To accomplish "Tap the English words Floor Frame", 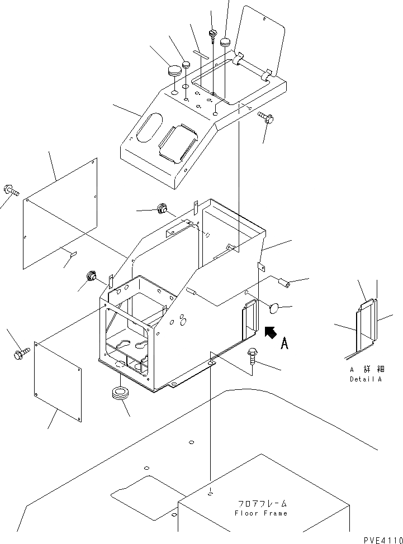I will pyautogui.click(x=262, y=513).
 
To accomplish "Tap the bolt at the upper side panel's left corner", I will pyautogui.click(x=11, y=190).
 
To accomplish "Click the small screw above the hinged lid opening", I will pyautogui.click(x=213, y=35).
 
